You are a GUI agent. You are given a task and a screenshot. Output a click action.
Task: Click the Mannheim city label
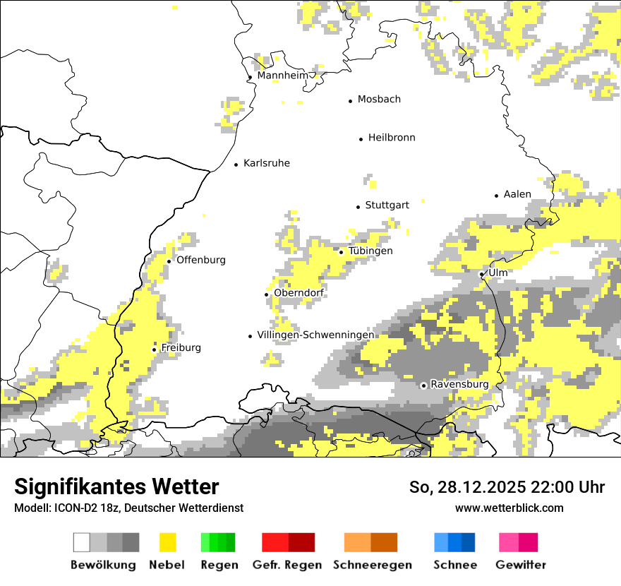tap(282, 76)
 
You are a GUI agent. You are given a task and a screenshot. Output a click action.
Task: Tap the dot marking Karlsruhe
tap(236, 165)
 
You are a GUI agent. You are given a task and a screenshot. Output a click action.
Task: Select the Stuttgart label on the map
tap(387, 205)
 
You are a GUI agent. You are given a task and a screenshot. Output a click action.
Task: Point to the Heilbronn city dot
tap(361, 139)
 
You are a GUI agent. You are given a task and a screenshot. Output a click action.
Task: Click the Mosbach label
tap(379, 100)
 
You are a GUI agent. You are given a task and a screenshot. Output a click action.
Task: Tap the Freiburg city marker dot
tap(155, 349)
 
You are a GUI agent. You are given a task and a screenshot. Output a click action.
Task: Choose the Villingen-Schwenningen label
tap(315, 335)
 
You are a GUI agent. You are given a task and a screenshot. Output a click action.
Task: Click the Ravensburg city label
tap(459, 384)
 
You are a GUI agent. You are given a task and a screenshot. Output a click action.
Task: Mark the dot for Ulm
tap(482, 274)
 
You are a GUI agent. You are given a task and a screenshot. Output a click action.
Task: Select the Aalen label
tap(517, 194)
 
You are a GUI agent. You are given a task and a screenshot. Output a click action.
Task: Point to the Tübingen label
tap(370, 251)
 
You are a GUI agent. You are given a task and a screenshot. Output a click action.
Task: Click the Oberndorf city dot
tap(267, 294)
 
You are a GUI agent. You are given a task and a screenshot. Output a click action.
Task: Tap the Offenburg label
tap(201, 260)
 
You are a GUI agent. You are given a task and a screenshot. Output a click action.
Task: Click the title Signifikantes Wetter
tap(116, 486)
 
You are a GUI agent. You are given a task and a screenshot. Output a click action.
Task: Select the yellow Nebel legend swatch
tap(168, 542)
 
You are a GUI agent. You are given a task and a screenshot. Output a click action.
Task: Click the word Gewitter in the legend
tap(521, 565)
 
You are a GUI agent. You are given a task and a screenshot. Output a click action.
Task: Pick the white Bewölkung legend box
tap(82, 542)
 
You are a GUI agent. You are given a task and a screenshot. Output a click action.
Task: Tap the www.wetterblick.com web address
tap(510, 508)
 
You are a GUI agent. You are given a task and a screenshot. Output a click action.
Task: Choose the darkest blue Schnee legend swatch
tap(469, 542)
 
